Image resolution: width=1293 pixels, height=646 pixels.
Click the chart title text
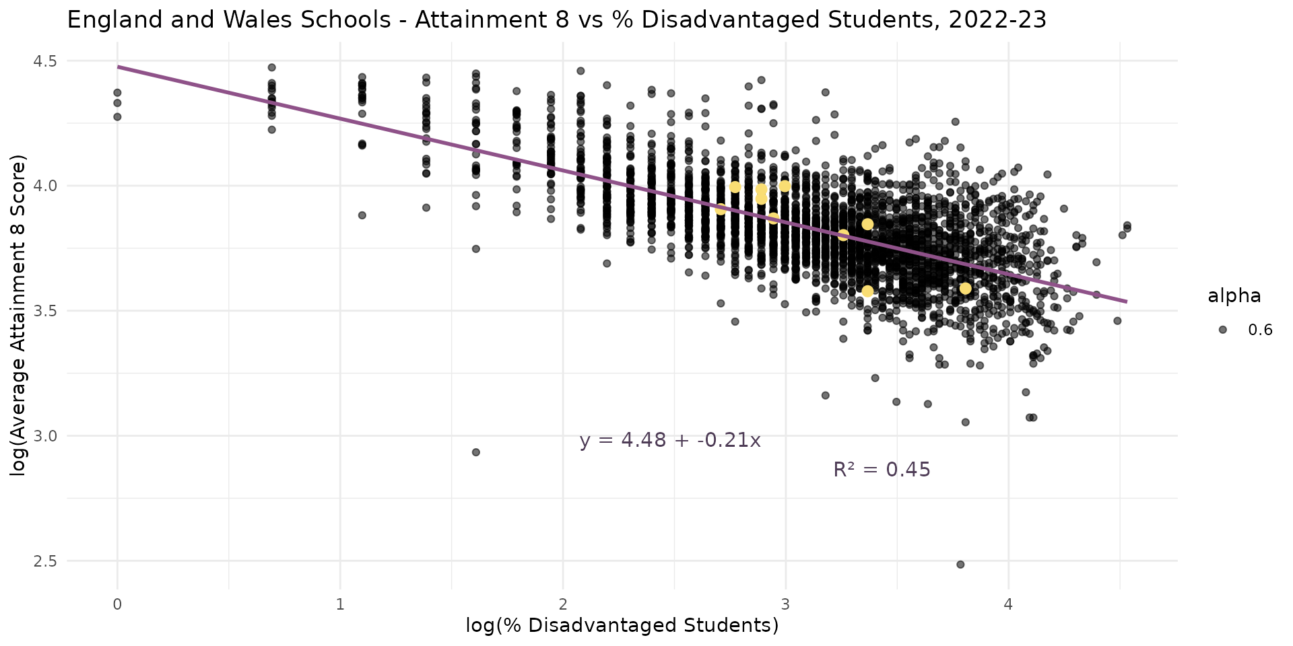coord(556,20)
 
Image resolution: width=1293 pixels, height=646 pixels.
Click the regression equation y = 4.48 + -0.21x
coord(670,441)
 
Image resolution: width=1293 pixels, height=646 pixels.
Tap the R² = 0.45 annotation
coord(882,470)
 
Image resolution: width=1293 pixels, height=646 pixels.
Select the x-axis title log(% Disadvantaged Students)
coord(622,626)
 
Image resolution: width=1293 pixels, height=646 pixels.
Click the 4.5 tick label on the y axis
coord(44,61)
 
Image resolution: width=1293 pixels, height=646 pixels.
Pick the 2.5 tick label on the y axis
coord(44,561)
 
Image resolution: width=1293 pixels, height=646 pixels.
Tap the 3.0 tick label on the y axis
coord(44,436)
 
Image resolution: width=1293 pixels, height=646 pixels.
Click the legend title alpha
coord(1234,296)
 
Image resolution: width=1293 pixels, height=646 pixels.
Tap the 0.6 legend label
coord(1260,330)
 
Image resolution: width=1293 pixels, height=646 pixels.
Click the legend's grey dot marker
coord(1222,330)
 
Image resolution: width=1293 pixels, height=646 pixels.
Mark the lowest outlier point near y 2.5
coord(960,564)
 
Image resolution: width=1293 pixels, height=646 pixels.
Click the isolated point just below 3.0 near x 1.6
coord(475,452)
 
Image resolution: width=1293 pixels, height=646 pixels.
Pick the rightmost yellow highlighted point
coord(965,288)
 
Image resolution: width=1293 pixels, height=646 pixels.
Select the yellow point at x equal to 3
coord(785,186)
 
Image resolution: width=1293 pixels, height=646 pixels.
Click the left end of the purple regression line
coord(118,67)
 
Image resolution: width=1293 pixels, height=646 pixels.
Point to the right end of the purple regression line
coord(1126,301)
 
